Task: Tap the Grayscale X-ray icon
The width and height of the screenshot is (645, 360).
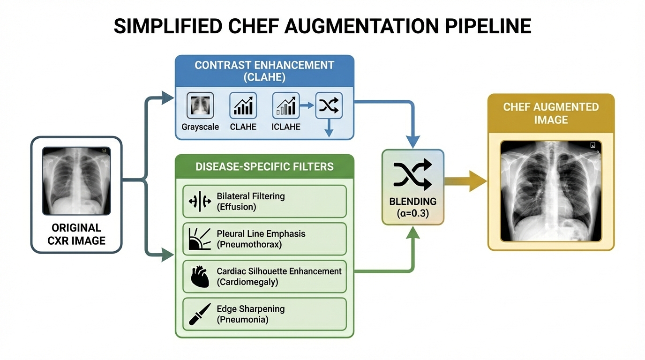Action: [x=200, y=105]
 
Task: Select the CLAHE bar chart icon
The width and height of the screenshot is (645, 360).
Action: [x=243, y=105]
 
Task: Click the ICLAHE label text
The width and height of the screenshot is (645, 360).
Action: [x=286, y=127]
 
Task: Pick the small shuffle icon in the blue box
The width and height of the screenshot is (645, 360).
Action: [x=329, y=105]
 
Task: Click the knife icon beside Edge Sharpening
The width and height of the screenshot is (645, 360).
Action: [x=200, y=314]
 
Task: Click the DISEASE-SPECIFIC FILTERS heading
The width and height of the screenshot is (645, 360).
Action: [x=264, y=166]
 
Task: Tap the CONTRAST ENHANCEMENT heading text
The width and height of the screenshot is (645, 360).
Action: [x=264, y=65]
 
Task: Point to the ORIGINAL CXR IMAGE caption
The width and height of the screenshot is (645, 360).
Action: [x=76, y=234]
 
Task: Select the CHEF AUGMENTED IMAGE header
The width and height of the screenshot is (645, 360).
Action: [x=551, y=113]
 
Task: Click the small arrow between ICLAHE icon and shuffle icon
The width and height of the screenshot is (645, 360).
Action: [x=307, y=105]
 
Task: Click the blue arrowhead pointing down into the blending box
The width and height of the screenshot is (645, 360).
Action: [x=412, y=142]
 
